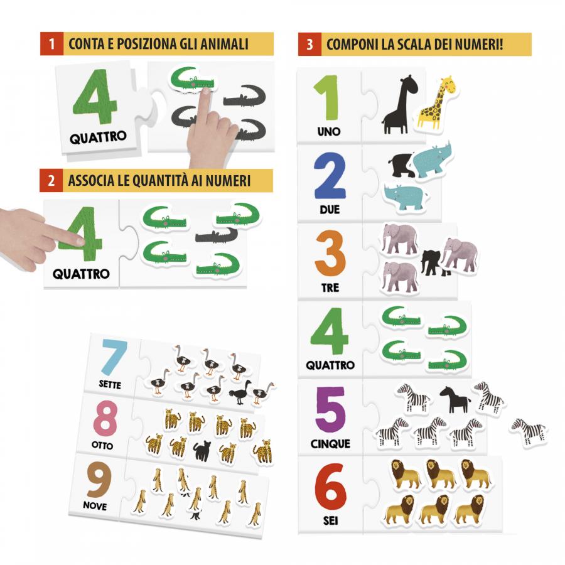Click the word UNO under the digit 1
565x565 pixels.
tap(329, 132)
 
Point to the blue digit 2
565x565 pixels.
tap(330, 178)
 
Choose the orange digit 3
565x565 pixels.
tap(330, 254)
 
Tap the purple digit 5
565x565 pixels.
tap(330, 411)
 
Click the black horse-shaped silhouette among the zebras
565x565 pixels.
tap(455, 399)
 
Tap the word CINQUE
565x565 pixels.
tap(330, 444)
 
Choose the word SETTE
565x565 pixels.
tap(110, 384)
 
